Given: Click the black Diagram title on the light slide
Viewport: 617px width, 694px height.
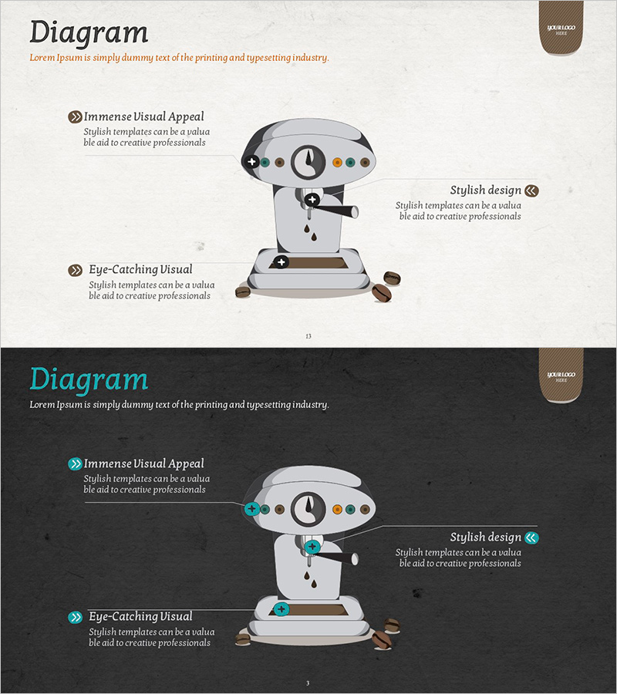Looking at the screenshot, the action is [x=89, y=33].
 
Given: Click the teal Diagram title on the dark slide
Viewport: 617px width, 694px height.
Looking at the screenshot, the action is [x=89, y=380].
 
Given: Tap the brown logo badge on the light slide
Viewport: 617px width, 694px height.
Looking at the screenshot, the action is [x=561, y=29].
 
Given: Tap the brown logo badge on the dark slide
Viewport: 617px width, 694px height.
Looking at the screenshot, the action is [x=561, y=376].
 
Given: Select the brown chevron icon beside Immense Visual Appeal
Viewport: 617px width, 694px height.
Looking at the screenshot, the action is [x=76, y=117].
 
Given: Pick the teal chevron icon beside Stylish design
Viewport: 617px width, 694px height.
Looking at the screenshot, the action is [x=531, y=537].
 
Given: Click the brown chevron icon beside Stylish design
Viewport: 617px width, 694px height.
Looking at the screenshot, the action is [x=531, y=190].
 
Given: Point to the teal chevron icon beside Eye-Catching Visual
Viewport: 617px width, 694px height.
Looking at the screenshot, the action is [x=76, y=617].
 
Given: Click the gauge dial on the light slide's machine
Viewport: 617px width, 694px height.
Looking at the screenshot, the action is [x=308, y=162].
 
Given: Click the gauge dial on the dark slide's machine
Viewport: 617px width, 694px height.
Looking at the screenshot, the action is [x=308, y=509].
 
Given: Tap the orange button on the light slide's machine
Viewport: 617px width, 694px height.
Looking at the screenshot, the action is [x=337, y=163].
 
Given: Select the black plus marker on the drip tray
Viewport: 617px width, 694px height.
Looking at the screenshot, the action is [x=281, y=262].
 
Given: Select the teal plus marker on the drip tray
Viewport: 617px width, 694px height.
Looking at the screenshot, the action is [x=281, y=609].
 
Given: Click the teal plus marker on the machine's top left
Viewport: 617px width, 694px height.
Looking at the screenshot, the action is [x=252, y=509].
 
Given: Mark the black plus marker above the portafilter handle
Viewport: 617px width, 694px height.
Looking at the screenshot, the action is [x=312, y=200].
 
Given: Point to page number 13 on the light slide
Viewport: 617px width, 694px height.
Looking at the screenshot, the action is [x=308, y=336].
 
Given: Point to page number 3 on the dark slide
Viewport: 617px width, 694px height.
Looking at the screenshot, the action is [x=308, y=683].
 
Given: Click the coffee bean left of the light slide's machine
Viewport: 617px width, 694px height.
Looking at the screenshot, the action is [x=242, y=291].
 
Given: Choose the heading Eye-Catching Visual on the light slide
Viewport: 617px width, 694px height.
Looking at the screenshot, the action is [x=140, y=270].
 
